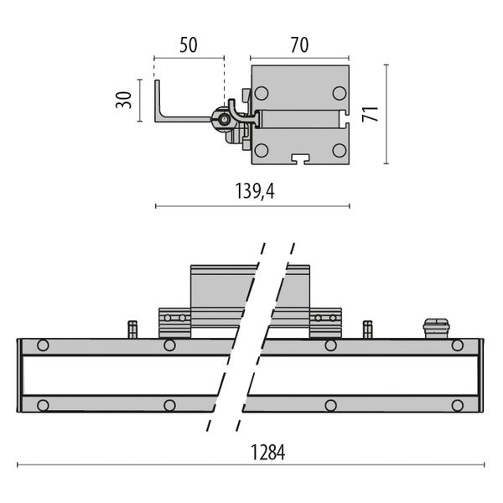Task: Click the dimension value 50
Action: (x=189, y=44)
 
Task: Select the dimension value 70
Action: (x=299, y=44)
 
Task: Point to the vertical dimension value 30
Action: (x=123, y=101)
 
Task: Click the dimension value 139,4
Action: (x=252, y=192)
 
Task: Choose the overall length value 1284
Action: (x=268, y=454)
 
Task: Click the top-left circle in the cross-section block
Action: (x=262, y=93)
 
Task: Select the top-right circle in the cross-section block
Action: (x=338, y=93)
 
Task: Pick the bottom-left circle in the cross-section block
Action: (x=262, y=151)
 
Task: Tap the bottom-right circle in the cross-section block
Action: (x=338, y=151)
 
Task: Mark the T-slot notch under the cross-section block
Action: (x=300, y=158)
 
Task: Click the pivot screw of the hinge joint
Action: (x=226, y=120)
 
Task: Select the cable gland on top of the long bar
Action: (x=435, y=327)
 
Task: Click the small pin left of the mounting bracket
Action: (x=132, y=327)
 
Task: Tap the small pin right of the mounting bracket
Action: (x=367, y=327)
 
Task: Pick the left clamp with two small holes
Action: (x=175, y=321)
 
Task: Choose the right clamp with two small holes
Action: (x=325, y=321)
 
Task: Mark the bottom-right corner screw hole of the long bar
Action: (x=457, y=406)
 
